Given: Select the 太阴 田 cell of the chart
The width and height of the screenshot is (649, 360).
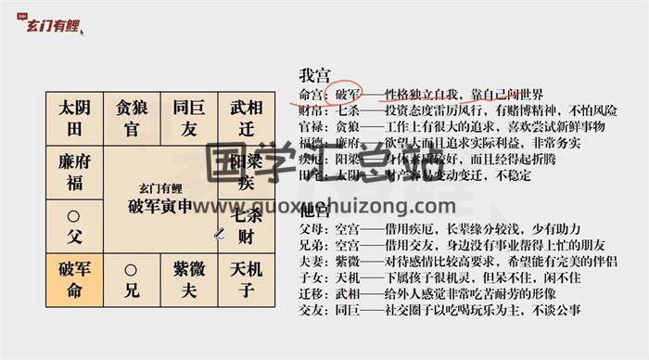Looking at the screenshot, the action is (75, 117).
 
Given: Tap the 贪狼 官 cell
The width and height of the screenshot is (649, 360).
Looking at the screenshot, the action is (131, 117).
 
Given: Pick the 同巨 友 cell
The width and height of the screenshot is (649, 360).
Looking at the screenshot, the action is (188, 117).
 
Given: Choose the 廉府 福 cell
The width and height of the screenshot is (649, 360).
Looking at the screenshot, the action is (75, 171).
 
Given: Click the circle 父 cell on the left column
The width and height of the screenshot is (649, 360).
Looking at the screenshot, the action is (75, 225).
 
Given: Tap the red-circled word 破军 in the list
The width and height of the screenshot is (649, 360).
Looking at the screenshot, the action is (348, 95).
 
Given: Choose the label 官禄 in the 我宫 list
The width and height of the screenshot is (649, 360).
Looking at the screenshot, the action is (311, 125).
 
